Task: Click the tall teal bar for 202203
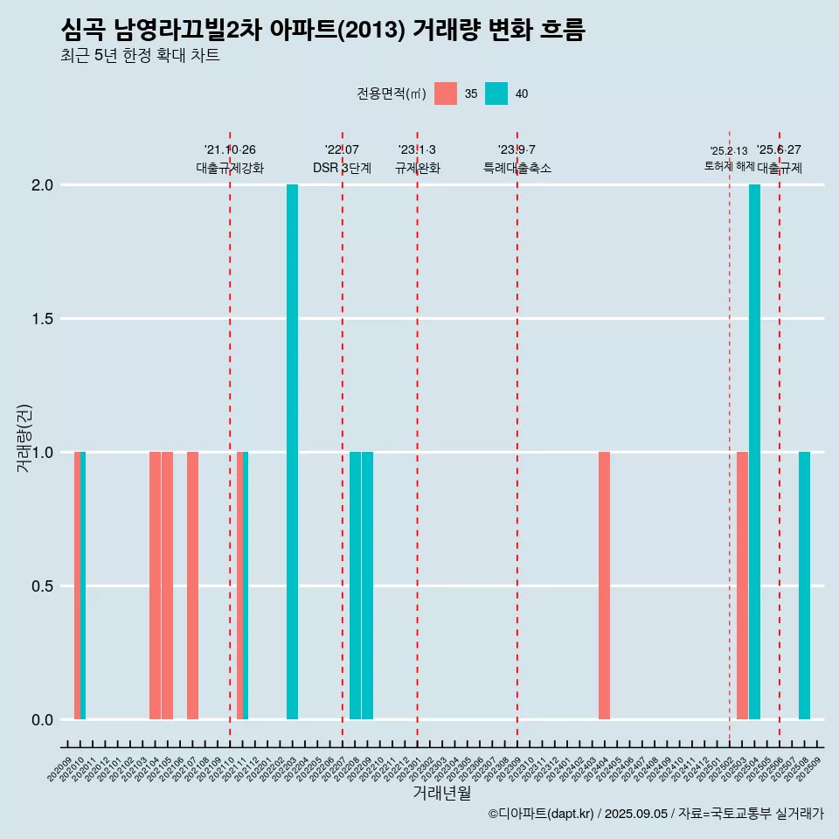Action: tap(292, 452)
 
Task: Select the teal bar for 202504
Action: tap(754, 452)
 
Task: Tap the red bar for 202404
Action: tap(604, 586)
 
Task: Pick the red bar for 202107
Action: tap(192, 586)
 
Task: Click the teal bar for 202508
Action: tap(804, 586)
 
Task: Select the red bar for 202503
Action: tap(742, 586)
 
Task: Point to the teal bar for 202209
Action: tap(367, 586)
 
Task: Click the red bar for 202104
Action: tap(155, 586)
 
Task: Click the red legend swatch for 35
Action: tap(446, 94)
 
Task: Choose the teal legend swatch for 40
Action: tap(496, 94)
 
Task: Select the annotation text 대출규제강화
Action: tap(230, 168)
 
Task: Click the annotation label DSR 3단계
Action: tap(343, 168)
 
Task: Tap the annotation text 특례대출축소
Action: tap(517, 168)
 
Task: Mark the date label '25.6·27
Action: tap(779, 150)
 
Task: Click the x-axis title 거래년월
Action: tap(441, 793)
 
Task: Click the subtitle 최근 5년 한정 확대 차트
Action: tap(140, 56)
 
